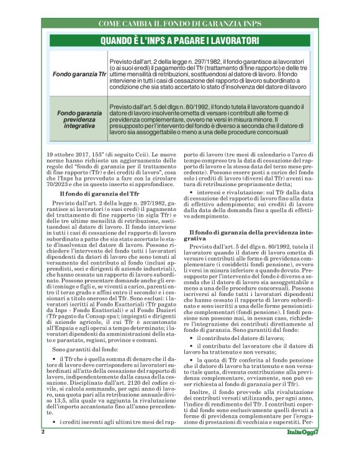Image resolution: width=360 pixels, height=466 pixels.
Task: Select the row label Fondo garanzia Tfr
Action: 80,74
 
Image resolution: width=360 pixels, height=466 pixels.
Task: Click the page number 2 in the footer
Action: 43,449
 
